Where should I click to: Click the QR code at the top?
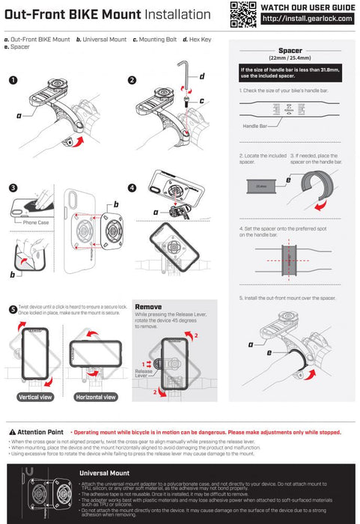[x=242, y=13]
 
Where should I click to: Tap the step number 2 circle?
[x=132, y=79]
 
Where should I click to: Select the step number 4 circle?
[x=132, y=188]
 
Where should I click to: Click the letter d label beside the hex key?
[x=202, y=76]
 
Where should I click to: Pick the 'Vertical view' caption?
[x=34, y=397]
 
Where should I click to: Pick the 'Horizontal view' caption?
[x=95, y=397]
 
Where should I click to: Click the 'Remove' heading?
[x=148, y=307]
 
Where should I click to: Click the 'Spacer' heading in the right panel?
[x=290, y=51]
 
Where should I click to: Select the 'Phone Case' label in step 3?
[x=36, y=222]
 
